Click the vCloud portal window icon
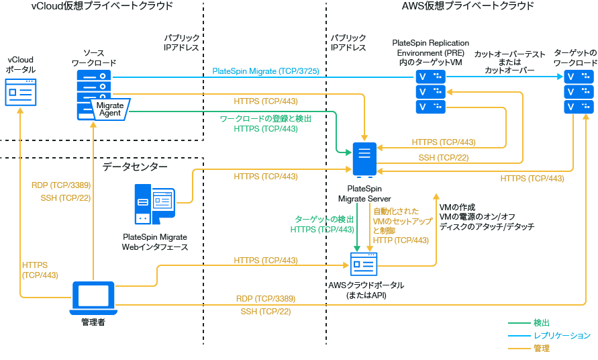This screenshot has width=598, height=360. pyautogui.click(x=20, y=91)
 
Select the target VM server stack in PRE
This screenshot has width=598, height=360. pyautogui.click(x=430, y=91)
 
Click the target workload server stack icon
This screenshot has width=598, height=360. pyautogui.click(x=579, y=91)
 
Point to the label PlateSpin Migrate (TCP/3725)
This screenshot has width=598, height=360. pyautogui.click(x=265, y=71)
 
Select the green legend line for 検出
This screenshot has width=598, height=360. pyautogui.click(x=518, y=323)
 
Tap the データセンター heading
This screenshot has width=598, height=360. pyautogui.click(x=135, y=166)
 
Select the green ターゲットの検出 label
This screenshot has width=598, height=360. pyautogui.click(x=325, y=220)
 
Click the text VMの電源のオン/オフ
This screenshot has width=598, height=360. pyautogui.click(x=477, y=217)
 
